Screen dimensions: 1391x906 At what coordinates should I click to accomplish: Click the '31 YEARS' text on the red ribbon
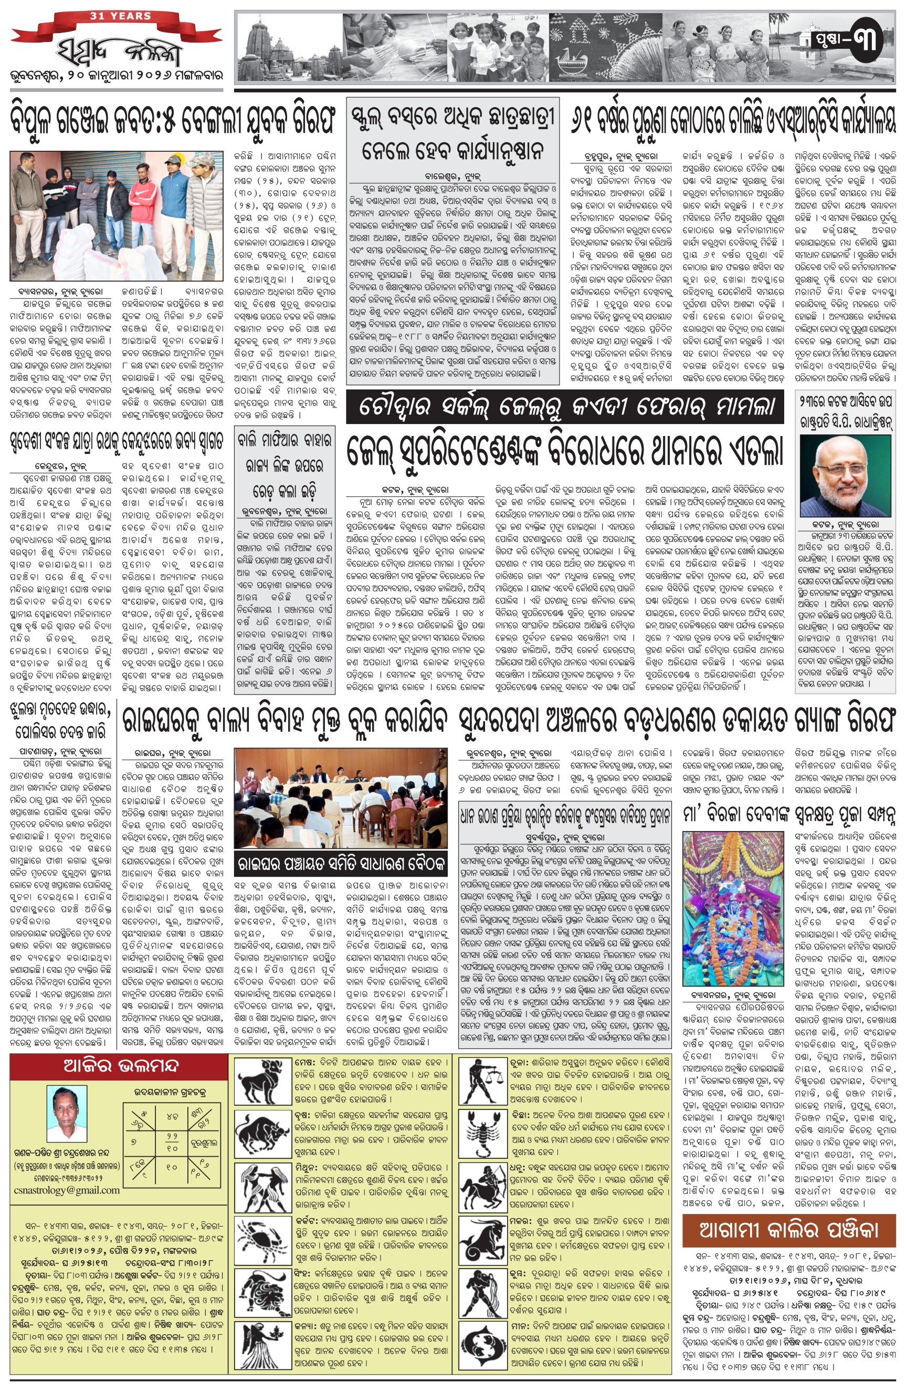click(120, 16)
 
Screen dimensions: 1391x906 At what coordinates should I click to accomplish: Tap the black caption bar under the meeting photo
click(340, 862)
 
